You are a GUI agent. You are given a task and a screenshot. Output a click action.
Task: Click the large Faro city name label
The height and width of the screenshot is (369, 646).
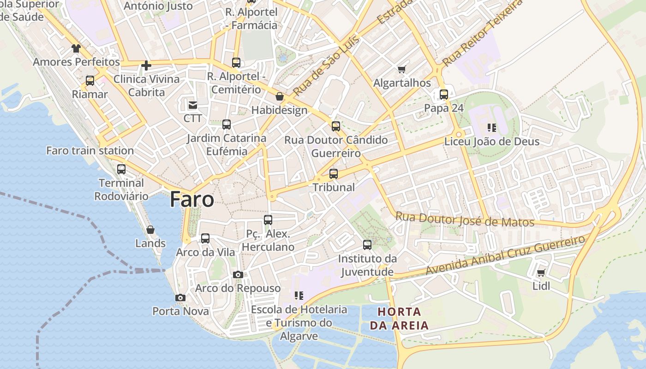click(x=192, y=199)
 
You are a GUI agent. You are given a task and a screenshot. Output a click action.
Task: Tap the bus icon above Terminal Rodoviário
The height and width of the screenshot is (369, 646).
click(x=121, y=169)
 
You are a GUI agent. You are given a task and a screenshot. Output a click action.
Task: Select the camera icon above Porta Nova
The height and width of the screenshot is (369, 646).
click(x=180, y=298)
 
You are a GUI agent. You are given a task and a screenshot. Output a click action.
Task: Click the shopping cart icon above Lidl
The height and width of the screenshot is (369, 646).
click(x=541, y=273)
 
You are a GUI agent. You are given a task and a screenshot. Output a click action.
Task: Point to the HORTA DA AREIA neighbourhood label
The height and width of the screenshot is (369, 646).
click(x=399, y=318)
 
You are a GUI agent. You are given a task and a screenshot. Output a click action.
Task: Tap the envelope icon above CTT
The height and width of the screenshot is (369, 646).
click(x=192, y=105)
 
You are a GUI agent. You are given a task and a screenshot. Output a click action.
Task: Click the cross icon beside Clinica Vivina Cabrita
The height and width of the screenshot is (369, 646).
click(x=146, y=65)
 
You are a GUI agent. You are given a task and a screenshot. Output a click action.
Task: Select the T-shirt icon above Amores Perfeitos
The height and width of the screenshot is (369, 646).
click(x=76, y=48)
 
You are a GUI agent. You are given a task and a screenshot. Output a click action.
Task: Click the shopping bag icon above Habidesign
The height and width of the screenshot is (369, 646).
click(x=279, y=96)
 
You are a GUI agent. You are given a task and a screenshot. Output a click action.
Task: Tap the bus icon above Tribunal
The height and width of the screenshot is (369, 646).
click(x=334, y=174)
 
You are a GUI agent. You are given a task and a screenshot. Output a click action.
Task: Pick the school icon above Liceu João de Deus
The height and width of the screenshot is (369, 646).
click(x=492, y=127)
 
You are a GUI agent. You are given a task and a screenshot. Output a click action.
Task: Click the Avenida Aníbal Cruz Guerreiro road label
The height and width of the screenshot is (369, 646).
click(x=505, y=255)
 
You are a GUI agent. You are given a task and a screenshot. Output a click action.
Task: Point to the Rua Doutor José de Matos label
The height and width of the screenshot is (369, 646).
click(x=465, y=220)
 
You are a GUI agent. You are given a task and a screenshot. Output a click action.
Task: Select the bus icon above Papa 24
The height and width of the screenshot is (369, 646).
click(x=444, y=95)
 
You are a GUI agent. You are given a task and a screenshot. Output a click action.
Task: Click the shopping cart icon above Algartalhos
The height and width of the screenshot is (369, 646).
click(x=401, y=70)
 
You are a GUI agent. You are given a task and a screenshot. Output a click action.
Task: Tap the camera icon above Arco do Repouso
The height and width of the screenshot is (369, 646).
click(x=238, y=275)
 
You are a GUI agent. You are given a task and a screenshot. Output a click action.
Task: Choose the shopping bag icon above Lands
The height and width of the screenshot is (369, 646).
click(x=150, y=230)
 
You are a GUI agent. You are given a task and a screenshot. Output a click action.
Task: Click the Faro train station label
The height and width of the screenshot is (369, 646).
click(x=90, y=150)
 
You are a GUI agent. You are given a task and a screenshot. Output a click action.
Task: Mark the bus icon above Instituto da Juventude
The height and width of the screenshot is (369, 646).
click(x=367, y=245)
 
